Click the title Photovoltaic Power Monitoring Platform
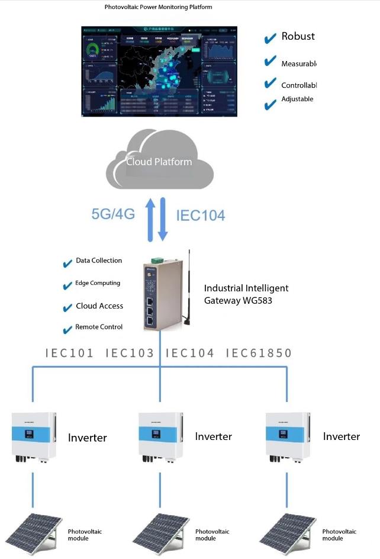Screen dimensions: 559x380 pyautogui.click(x=158, y=8)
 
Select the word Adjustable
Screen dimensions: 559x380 pyautogui.click(x=297, y=99)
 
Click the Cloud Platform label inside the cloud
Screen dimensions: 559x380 pyautogui.click(x=159, y=162)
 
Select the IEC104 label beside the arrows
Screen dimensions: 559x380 pyautogui.click(x=201, y=216)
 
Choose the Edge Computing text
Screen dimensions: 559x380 pyautogui.click(x=98, y=283)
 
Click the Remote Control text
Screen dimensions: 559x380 pyautogui.click(x=99, y=327)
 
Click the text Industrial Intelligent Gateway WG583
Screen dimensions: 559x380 pyautogui.click(x=246, y=294)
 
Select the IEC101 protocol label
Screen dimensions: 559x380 pyautogui.click(x=70, y=354)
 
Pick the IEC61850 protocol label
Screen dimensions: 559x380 pyautogui.click(x=259, y=354)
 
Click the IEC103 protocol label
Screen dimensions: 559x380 pyautogui.click(x=130, y=354)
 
